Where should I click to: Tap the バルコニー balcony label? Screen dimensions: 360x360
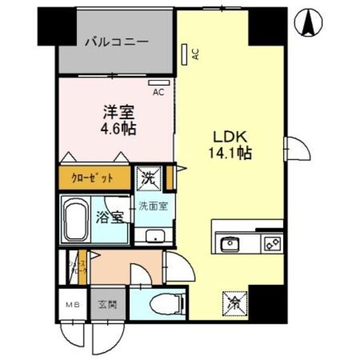(x=116, y=42)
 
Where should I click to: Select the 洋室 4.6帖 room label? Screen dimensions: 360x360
(x=118, y=120)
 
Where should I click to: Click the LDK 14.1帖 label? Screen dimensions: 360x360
(x=231, y=144)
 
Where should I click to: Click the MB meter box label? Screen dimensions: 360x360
(x=72, y=305)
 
